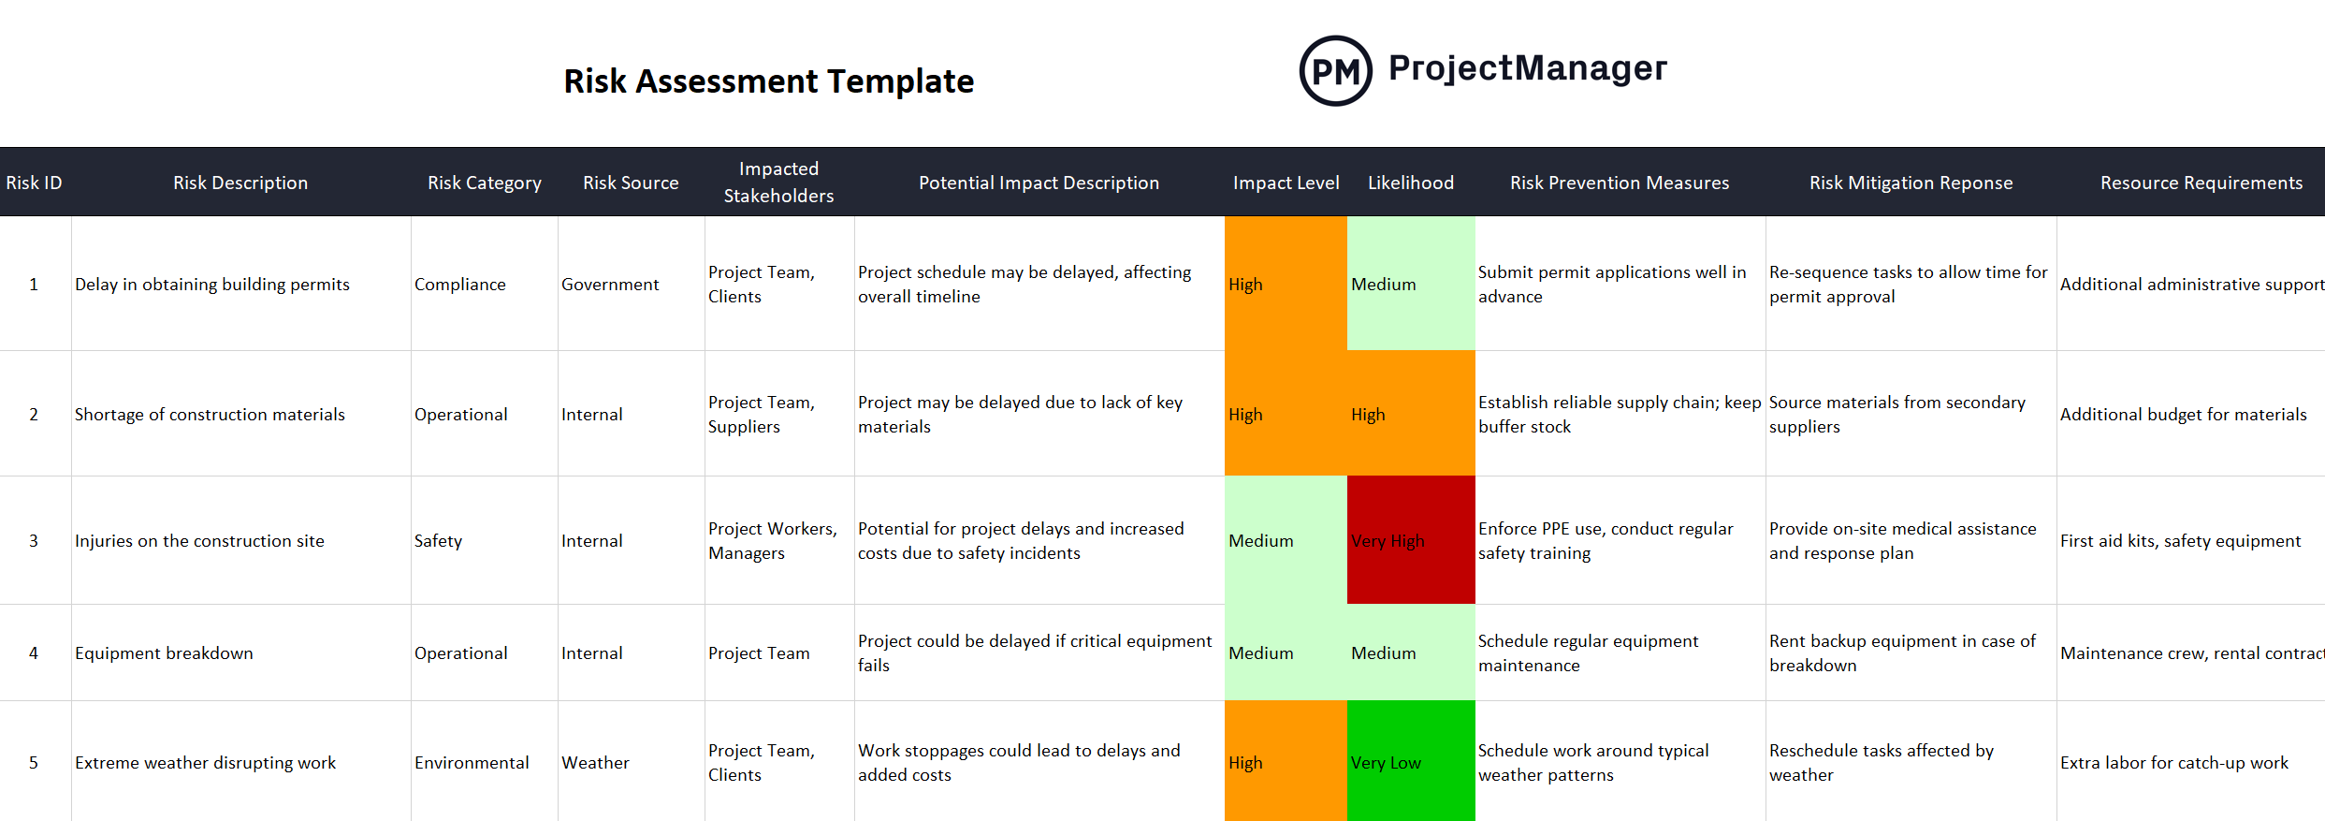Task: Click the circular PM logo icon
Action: point(1335,71)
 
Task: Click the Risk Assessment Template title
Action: point(768,81)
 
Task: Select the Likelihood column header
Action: point(1410,183)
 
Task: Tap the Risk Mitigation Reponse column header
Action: point(1911,183)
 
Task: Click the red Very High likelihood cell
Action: point(1410,540)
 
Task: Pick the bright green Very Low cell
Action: point(1410,762)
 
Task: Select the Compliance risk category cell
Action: point(460,284)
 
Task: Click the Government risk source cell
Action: point(610,284)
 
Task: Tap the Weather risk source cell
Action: point(595,762)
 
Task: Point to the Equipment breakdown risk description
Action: point(164,652)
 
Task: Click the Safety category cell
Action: point(438,540)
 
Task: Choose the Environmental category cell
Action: point(472,762)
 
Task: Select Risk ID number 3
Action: point(34,540)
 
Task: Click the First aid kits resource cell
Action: point(2180,540)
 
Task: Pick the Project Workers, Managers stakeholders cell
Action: point(772,540)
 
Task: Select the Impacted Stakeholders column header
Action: point(778,183)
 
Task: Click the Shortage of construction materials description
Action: point(210,414)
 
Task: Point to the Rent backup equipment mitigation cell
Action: point(1901,652)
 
